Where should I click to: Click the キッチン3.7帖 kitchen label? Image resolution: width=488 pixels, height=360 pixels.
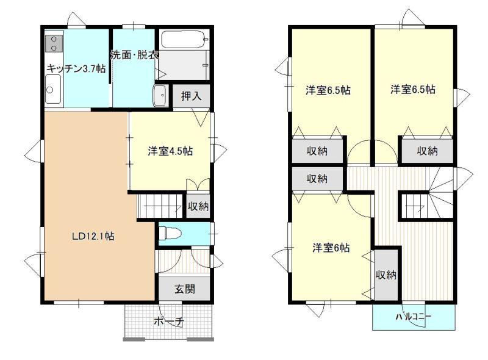pyautogui.click(x=76, y=68)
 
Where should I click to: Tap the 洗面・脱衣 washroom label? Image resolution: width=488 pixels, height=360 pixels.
pyautogui.click(x=135, y=55)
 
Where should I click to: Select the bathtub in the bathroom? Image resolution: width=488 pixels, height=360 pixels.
pyautogui.click(x=185, y=40)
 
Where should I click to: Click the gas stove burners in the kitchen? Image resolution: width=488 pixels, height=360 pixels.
pyautogui.click(x=54, y=43)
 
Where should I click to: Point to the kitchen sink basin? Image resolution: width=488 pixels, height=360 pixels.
pyautogui.click(x=53, y=89)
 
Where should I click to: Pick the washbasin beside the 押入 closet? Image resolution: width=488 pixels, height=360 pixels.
pyautogui.click(x=160, y=96)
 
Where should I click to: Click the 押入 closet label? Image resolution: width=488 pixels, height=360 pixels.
pyautogui.click(x=191, y=96)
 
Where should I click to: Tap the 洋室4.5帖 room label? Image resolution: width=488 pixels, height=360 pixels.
pyautogui.click(x=170, y=151)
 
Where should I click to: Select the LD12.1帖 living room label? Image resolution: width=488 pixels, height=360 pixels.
pyautogui.click(x=93, y=236)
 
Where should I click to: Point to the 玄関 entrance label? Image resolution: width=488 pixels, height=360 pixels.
pyautogui.click(x=185, y=289)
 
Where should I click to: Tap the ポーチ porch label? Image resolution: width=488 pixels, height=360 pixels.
pyautogui.click(x=169, y=321)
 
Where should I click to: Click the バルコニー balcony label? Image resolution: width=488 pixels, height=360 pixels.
pyautogui.click(x=414, y=317)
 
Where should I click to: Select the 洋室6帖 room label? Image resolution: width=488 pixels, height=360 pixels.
pyautogui.click(x=331, y=248)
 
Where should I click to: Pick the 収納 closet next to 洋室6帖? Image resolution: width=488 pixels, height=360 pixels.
pyautogui.click(x=386, y=275)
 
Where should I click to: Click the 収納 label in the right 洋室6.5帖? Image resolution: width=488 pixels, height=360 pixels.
pyautogui.click(x=428, y=151)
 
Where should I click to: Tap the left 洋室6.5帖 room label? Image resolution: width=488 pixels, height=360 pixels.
pyautogui.click(x=328, y=90)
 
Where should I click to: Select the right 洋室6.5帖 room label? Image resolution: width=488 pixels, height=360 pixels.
pyautogui.click(x=413, y=90)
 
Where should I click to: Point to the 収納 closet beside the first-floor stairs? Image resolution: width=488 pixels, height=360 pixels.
pyautogui.click(x=198, y=206)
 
